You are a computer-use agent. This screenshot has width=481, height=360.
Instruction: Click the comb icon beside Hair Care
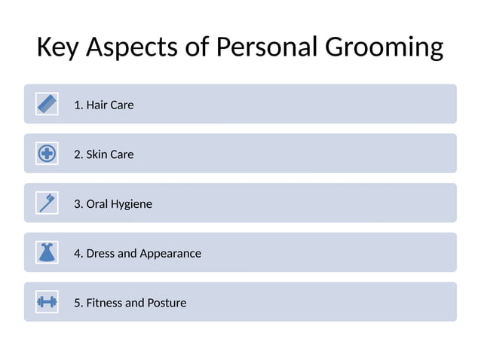47,104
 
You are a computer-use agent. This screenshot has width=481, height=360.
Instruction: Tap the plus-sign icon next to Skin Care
47,154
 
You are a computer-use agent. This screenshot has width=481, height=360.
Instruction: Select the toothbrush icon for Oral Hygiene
47,203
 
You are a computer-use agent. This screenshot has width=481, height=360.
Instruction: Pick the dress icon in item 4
47,252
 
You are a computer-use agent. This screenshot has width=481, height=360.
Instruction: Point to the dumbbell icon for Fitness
47,302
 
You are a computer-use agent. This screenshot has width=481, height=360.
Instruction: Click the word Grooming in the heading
384,47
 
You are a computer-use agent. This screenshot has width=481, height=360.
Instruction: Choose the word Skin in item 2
97,154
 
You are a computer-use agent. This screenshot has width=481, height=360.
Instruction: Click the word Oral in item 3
97,204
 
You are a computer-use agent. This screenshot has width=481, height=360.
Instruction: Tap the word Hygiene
131,205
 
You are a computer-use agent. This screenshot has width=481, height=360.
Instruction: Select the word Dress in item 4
101,253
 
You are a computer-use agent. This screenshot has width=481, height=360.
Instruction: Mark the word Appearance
170,254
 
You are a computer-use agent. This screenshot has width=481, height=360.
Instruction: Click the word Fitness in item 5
104,303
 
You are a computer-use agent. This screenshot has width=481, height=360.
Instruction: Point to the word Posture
167,303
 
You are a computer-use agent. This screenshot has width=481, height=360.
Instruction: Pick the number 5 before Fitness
77,303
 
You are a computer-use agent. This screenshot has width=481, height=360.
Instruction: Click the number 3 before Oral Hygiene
77,204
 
